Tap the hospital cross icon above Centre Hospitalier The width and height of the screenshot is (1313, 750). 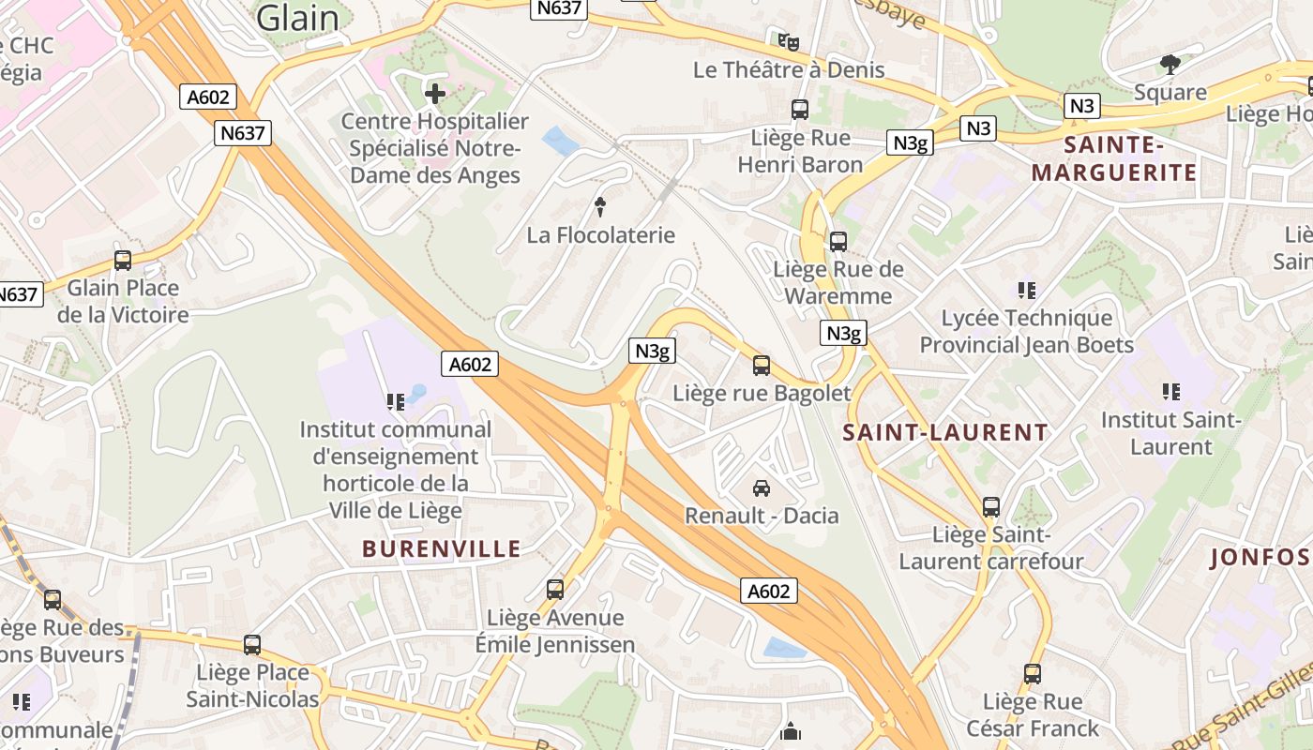click(435, 93)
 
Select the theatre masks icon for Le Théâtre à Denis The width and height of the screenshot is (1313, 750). click(789, 41)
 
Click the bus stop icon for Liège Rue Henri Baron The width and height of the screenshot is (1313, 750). click(800, 110)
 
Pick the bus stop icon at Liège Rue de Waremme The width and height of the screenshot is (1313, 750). click(838, 242)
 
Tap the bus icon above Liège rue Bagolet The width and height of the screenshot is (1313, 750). click(762, 366)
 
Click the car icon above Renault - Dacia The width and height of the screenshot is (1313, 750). click(762, 487)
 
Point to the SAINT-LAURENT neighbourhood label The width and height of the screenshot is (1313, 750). click(945, 432)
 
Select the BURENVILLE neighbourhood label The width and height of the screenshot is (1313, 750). click(441, 549)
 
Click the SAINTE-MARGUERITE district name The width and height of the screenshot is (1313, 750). click(1114, 158)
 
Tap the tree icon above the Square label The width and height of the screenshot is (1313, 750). click(1170, 65)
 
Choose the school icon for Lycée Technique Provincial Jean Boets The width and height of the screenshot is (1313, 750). click(1027, 291)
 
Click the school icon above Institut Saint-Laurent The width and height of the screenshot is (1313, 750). click(1170, 392)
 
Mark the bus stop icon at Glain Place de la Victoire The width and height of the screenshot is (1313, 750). click(123, 261)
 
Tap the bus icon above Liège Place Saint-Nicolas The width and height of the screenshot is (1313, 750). click(252, 645)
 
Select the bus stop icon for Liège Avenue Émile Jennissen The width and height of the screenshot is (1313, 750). click(555, 590)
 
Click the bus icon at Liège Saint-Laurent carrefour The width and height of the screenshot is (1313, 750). click(991, 507)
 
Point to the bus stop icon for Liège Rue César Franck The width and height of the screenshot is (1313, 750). click(1033, 674)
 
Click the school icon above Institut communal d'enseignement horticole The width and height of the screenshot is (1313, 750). click(395, 402)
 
